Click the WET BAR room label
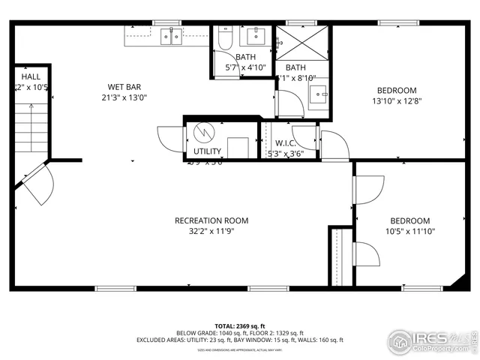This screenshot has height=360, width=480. pyautogui.click(x=124, y=87)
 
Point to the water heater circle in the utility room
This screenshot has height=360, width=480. pyautogui.click(x=203, y=133)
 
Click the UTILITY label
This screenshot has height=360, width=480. pyautogui.click(x=207, y=151)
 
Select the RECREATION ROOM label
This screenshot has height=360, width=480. pyautogui.click(x=211, y=220)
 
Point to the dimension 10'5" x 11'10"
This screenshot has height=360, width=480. pyautogui.click(x=410, y=232)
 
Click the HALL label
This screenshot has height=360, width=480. pyautogui.click(x=31, y=76)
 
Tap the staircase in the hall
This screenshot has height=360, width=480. pyautogui.click(x=32, y=127)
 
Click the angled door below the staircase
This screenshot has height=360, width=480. pyautogui.click(x=37, y=184)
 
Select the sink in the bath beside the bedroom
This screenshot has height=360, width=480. pyautogui.click(x=319, y=95)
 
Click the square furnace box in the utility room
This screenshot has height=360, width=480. pyautogui.click(x=238, y=147)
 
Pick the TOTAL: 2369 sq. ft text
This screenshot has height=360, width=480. pyautogui.click(x=240, y=325)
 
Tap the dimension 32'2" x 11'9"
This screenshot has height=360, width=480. pyautogui.click(x=211, y=232)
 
